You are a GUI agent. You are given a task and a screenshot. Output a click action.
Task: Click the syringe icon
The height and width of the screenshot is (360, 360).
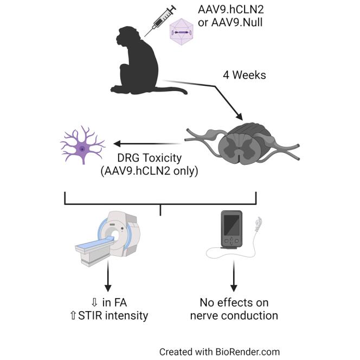pyautogui.click(x=161, y=21)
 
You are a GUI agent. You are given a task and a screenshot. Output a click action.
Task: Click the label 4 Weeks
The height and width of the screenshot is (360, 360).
pyautogui.click(x=244, y=75)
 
